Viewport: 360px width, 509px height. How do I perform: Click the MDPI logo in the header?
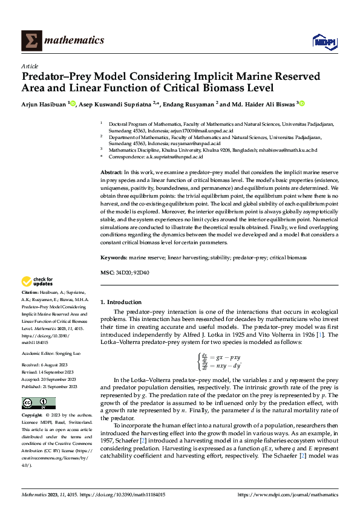click(324, 41)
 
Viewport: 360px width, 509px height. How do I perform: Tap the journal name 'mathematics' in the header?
click(76, 41)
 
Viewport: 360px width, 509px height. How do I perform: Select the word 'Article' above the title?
click(30, 66)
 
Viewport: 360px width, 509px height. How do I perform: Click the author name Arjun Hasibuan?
click(44, 104)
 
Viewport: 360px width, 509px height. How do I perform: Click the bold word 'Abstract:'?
click(112, 173)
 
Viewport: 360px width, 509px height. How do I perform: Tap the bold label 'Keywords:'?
click(114, 258)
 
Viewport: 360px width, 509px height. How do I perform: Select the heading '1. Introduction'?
click(121, 302)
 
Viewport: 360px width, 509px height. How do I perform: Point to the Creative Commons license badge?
click(39, 403)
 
